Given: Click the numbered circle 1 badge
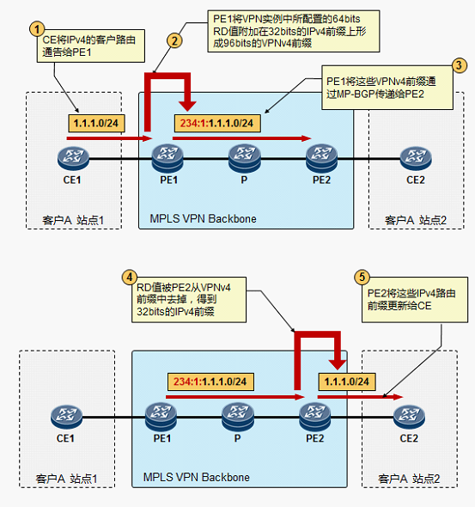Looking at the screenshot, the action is (x=37, y=29).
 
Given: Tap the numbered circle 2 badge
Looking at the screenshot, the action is (x=174, y=40).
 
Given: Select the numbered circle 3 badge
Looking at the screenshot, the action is (x=459, y=65).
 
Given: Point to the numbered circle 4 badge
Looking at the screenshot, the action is (x=130, y=277).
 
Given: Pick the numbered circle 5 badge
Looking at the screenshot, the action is (x=362, y=277).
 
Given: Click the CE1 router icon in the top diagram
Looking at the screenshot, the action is (x=73, y=158).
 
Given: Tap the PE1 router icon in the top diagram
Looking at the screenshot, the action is (x=167, y=158).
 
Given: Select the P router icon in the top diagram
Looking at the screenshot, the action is (x=244, y=158).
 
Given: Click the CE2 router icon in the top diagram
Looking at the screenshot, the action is (x=416, y=158).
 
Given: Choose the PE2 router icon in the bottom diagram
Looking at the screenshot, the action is (x=315, y=417).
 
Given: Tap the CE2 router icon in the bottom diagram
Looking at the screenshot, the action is (x=409, y=417).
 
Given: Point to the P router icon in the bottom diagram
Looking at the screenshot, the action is (x=238, y=417).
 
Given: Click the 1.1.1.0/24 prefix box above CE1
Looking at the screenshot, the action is (x=96, y=123).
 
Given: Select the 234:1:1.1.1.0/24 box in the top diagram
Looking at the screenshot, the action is (x=217, y=123).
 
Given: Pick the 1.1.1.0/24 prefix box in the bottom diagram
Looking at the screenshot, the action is (x=347, y=382).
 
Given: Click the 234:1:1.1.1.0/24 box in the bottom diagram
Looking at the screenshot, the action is (x=210, y=382).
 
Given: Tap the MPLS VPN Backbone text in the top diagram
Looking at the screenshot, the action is (x=203, y=218).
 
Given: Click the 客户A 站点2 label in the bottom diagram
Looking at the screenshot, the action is (x=409, y=479).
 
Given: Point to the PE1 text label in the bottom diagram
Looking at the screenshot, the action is (x=162, y=438).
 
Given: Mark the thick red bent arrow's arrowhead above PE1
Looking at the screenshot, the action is (x=188, y=106).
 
